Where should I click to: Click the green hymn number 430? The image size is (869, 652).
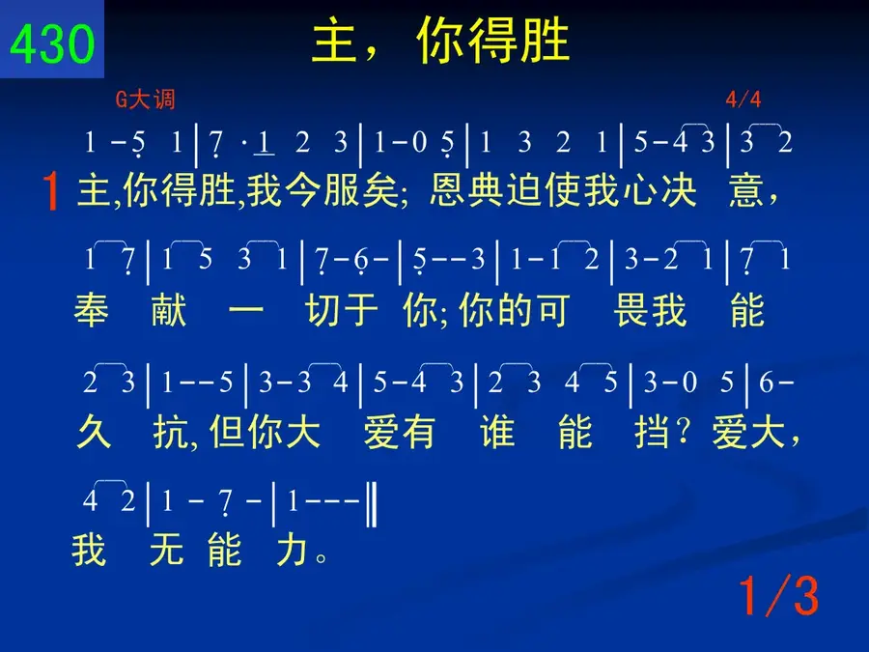(52, 43)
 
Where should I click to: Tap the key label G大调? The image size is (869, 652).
(145, 99)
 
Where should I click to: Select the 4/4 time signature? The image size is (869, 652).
(743, 99)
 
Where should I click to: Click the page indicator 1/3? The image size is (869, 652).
(778, 596)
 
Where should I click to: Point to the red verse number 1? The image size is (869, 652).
(51, 191)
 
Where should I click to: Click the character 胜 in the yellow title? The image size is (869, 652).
(546, 40)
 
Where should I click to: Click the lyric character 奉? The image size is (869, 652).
(92, 310)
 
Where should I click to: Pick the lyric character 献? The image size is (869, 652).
(168, 310)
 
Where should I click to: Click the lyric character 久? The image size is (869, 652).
(95, 432)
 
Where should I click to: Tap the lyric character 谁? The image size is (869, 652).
(497, 432)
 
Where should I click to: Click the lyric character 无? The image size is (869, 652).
(166, 550)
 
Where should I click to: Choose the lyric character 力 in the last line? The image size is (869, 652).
(292, 550)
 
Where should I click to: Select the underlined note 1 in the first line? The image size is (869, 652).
(264, 144)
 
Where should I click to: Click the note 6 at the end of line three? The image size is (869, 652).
(766, 382)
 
